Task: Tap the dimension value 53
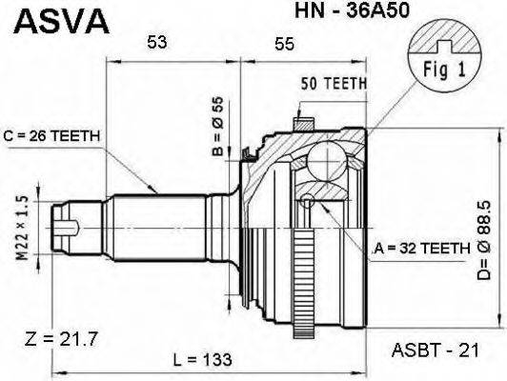[157, 42]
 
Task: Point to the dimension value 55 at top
[283, 42]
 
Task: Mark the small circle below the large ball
[309, 200]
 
